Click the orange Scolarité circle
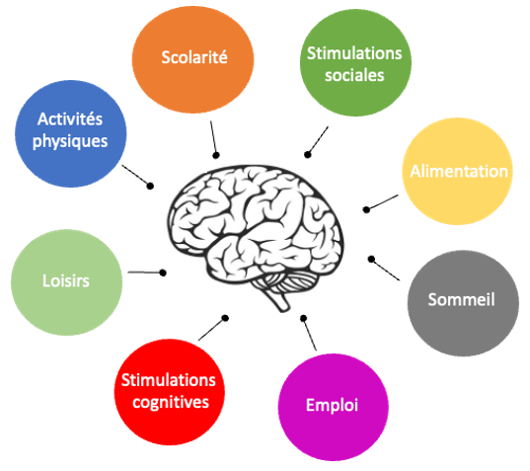point(192,59)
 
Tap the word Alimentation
point(459,172)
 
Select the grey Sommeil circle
point(463,303)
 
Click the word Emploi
point(332,405)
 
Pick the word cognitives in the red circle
point(171,402)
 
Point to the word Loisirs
point(66,280)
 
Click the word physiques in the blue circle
point(70,141)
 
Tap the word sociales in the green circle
point(354,75)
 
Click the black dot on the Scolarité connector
point(216,155)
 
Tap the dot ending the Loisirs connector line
point(163,273)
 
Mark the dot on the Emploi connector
point(304,318)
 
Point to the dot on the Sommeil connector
point(371,260)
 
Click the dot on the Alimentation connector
point(366,209)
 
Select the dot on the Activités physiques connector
point(150,186)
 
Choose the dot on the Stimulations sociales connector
point(307,154)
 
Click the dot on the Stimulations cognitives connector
point(225,318)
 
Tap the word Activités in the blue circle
point(70,118)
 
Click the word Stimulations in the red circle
point(169,380)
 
